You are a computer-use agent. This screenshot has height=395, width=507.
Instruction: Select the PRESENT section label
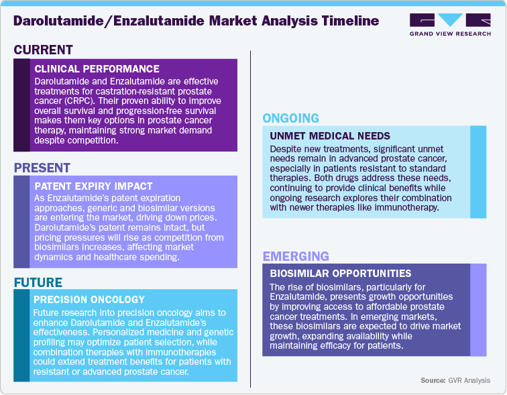(42, 167)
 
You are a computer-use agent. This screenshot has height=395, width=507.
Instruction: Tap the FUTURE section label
(38, 282)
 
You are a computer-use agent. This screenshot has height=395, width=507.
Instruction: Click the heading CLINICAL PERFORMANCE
(97, 68)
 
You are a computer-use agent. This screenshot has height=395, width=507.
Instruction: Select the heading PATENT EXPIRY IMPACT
(93, 186)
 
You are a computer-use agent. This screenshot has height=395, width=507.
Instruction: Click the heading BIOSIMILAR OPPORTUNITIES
(340, 274)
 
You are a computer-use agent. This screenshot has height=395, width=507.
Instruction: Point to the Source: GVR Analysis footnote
(455, 380)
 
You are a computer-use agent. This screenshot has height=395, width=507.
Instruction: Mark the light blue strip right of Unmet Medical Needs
(478, 172)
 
